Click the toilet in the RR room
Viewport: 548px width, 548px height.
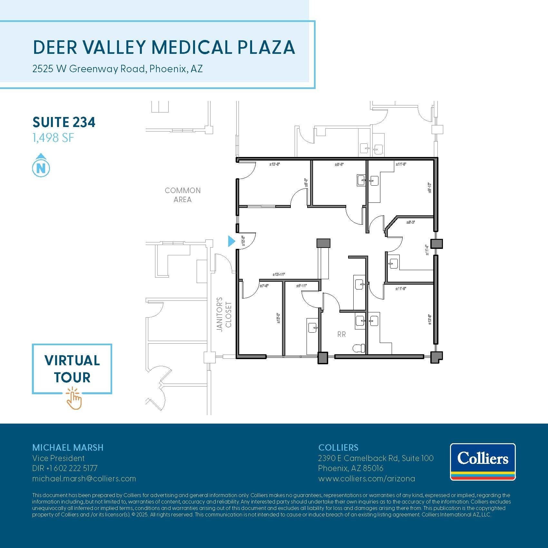click(x=359, y=348)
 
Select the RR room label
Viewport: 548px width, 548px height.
click(x=341, y=335)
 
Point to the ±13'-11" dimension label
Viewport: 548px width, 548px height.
click(x=279, y=275)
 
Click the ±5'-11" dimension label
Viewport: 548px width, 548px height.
click(x=301, y=286)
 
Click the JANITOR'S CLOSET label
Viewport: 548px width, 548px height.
click(x=224, y=314)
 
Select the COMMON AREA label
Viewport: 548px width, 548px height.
click(x=182, y=195)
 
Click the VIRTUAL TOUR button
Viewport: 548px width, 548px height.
click(x=72, y=369)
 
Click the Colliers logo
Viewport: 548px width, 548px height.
click(x=483, y=462)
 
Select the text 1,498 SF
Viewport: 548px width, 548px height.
click(x=53, y=138)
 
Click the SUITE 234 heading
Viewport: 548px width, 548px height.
click(x=64, y=122)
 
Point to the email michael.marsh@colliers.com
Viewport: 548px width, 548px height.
click(x=84, y=479)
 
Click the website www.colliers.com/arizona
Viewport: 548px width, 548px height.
click(x=367, y=479)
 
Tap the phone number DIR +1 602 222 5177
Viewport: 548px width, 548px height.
click(x=65, y=468)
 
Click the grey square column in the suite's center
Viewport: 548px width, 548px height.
click(x=323, y=243)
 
